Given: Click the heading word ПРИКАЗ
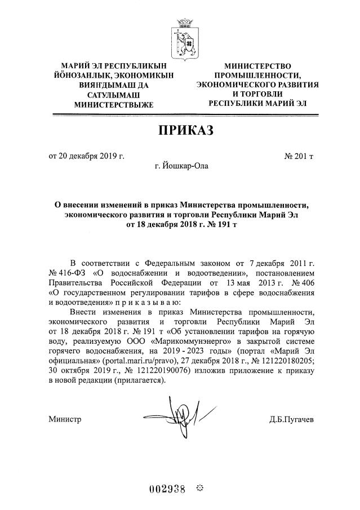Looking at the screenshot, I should pos(180,131).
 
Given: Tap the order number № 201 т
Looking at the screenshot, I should pos(295,156).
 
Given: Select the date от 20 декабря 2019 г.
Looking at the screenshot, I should pos(87,156).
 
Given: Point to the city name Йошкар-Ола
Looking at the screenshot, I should pos(180,166).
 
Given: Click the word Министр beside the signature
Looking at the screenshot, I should pos(65,419).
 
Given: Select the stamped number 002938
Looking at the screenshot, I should pos(167,487).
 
